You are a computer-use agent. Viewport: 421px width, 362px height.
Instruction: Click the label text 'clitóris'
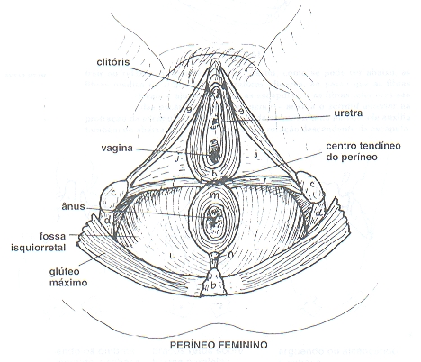pyautogui.click(x=113, y=62)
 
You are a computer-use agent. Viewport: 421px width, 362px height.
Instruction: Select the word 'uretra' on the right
pyautogui.click(x=348, y=113)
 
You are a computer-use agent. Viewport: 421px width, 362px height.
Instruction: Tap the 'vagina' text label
pyautogui.click(x=117, y=149)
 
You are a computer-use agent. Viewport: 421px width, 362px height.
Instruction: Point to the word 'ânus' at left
pyautogui.click(x=73, y=206)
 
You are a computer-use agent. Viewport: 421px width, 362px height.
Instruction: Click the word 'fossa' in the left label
pyautogui.click(x=52, y=236)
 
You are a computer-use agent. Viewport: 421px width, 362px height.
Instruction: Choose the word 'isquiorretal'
pyautogui.click(x=38, y=248)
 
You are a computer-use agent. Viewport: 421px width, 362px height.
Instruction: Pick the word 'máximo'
pyautogui.click(x=68, y=283)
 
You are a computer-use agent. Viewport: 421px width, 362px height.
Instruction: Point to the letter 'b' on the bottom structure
pyautogui.click(x=213, y=285)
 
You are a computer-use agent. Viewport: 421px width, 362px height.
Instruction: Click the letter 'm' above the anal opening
pyautogui.click(x=215, y=195)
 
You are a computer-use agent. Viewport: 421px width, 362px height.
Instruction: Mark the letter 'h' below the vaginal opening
pyautogui.click(x=214, y=174)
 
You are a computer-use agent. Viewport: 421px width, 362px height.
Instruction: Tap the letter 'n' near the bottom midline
pyautogui.click(x=231, y=254)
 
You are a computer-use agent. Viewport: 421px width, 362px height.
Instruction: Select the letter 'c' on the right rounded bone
pyautogui.click(x=312, y=184)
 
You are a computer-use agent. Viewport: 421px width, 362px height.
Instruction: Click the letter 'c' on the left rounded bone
pyautogui.click(x=113, y=193)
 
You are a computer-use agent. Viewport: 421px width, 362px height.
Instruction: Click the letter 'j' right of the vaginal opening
pyautogui.click(x=256, y=155)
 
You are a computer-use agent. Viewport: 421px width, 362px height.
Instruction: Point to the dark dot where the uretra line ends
pyautogui.click(x=215, y=122)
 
